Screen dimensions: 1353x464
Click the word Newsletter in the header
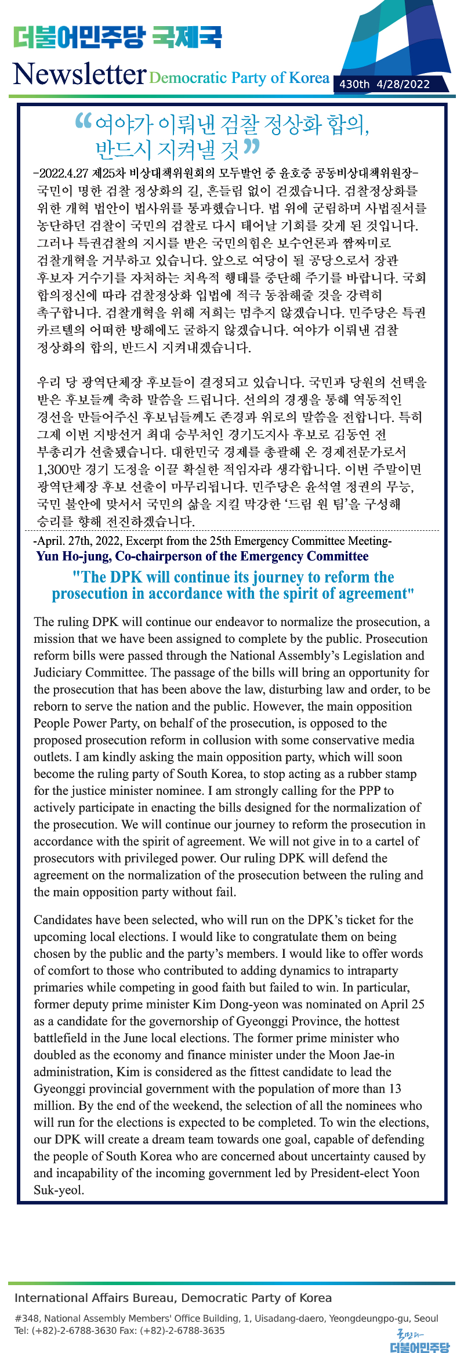[x=79, y=74]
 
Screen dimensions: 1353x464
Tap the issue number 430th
[x=354, y=84]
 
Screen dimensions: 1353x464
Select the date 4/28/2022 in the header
[x=403, y=84]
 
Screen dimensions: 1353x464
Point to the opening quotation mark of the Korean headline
[x=84, y=121]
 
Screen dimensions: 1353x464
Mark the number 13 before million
[x=395, y=1088]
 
